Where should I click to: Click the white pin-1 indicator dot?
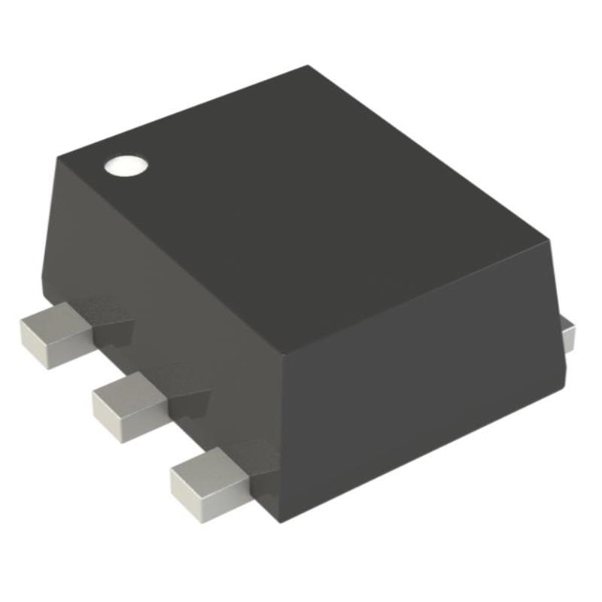pyautogui.click(x=125, y=166)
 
